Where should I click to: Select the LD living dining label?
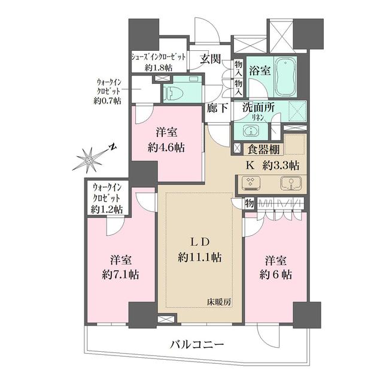[199, 242]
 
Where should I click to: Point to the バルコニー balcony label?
[197, 345]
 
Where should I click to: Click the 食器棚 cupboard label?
[262, 150]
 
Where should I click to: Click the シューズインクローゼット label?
[158, 57]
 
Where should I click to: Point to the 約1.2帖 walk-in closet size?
[108, 209]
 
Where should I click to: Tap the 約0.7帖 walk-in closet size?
[107, 101]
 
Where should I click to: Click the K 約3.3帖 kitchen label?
[273, 166]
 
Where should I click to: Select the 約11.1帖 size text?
[199, 257]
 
